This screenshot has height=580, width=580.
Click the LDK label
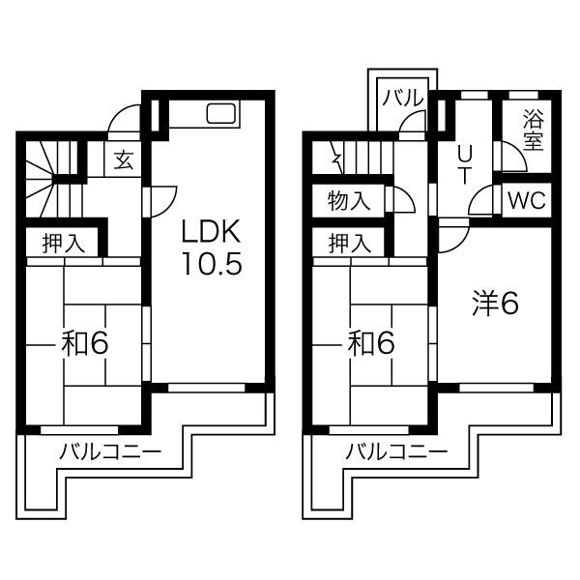pos(211,231)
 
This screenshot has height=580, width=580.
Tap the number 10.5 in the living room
pos(212,263)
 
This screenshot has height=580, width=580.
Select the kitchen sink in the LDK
pos(221,113)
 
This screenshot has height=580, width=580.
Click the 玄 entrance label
pos(124,160)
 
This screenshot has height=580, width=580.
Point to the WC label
pos(527,200)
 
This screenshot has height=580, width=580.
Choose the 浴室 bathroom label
pos(534,131)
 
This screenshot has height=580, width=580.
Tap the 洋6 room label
pos(495,304)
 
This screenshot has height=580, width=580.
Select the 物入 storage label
pos(349,201)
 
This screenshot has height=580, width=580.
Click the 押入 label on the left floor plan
pos(64,244)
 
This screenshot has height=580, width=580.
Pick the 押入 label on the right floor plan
pos(350,244)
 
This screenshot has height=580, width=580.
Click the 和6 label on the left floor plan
pos(85,343)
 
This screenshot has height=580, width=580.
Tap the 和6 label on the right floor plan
pos(371,343)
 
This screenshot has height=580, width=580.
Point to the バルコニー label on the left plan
pos(111,451)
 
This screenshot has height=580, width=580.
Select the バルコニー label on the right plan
pos(396,451)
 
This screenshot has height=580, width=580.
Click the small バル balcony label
pos(403,98)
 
